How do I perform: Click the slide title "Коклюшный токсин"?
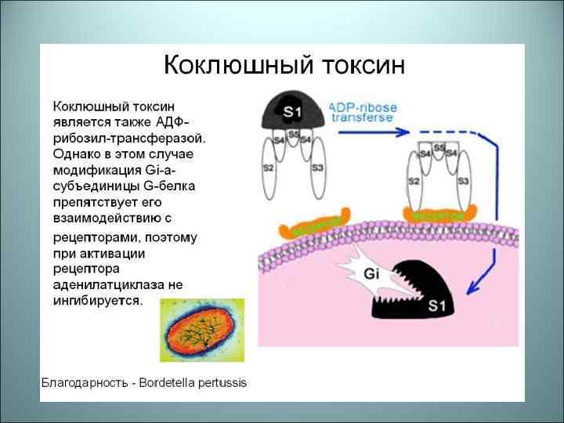coord(284,63)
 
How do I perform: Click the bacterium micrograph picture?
coord(202,330)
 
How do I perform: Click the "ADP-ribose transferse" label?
coord(363,112)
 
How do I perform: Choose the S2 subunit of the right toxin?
coord(414,182)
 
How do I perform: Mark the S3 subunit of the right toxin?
coord(463,182)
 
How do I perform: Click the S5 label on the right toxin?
coord(439,147)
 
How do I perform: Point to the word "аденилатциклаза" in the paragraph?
coord(103,284)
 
